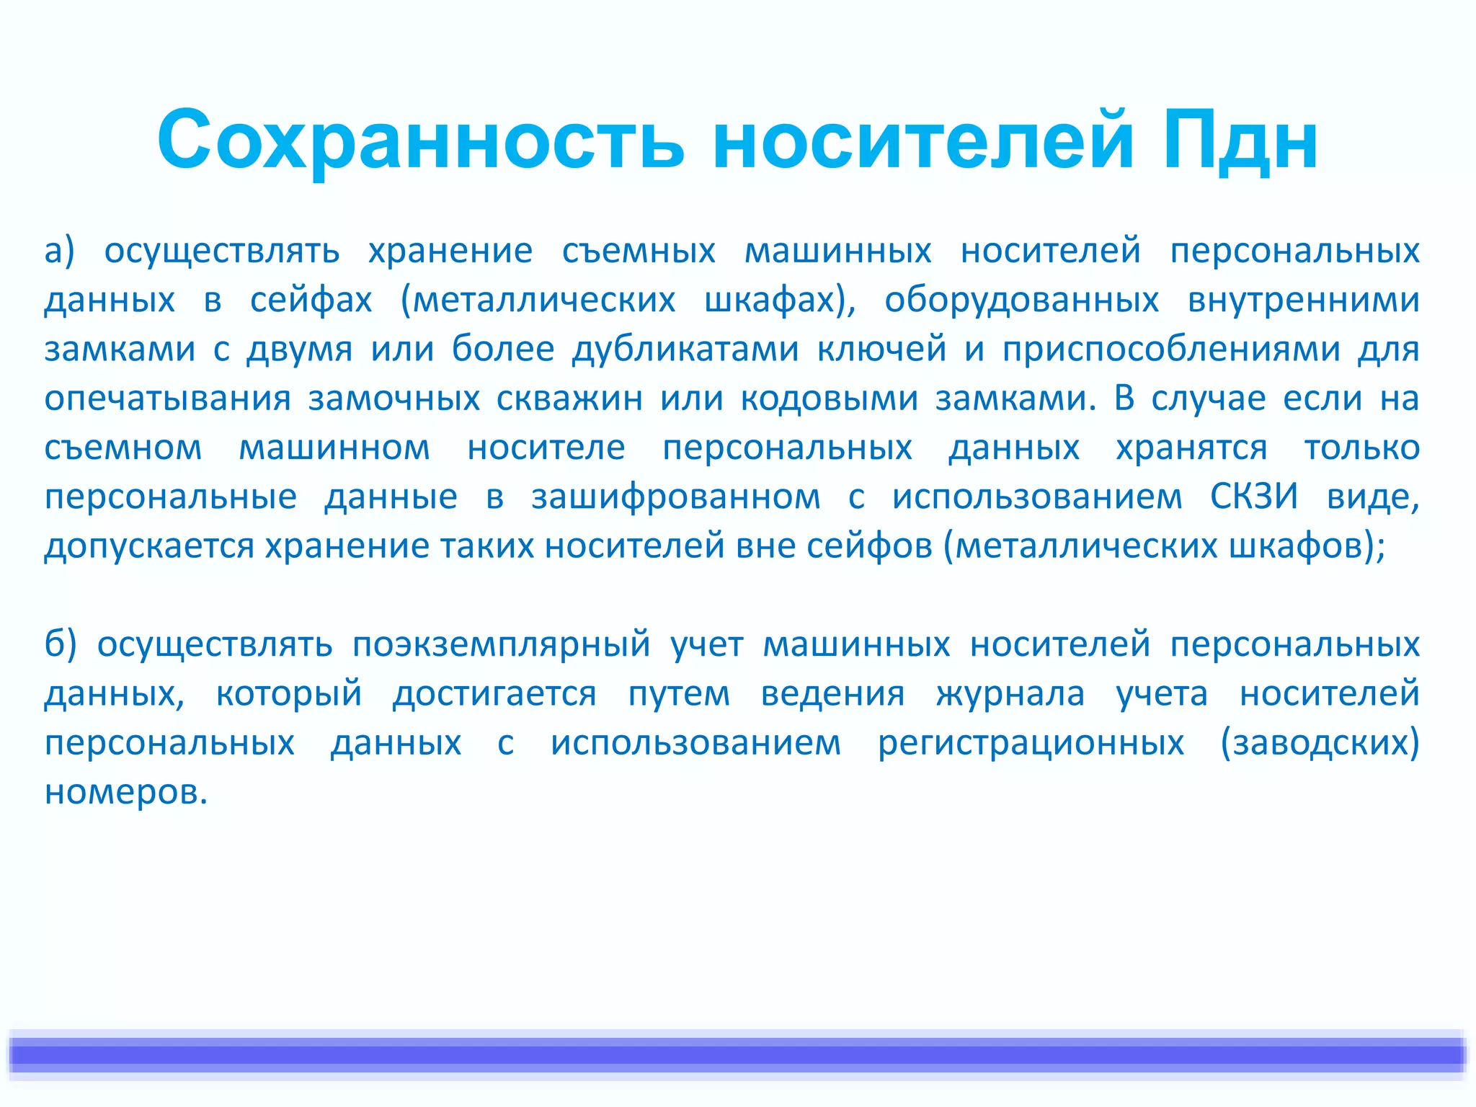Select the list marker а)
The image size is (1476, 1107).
click(x=59, y=251)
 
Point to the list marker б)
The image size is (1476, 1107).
click(x=61, y=644)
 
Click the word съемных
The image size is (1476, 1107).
click(x=639, y=251)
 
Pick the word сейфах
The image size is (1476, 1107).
click(x=311, y=300)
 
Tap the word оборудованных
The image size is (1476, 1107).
click(x=1021, y=300)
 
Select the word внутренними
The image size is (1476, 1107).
click(x=1303, y=300)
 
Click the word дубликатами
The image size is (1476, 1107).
click(x=685, y=350)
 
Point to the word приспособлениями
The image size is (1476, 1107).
click(x=1171, y=350)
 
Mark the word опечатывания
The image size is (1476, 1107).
click(x=167, y=399)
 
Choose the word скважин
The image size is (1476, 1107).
click(x=569, y=399)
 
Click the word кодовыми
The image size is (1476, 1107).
click(x=829, y=399)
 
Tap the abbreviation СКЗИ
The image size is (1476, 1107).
click(x=1254, y=497)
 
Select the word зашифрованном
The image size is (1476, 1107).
click(x=675, y=497)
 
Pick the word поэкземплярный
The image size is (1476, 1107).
click(x=502, y=644)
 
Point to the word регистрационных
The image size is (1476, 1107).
click(x=1031, y=742)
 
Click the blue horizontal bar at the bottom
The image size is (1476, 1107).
click(x=738, y=1054)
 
